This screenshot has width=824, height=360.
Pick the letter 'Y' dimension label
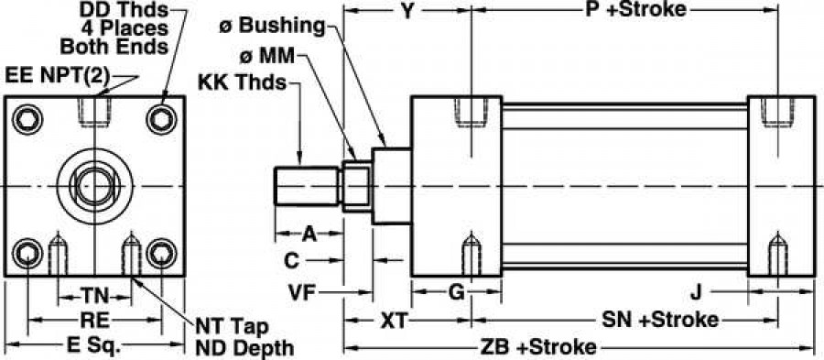click(x=409, y=11)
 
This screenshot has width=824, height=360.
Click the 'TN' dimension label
click(x=95, y=295)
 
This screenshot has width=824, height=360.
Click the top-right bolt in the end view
click(x=163, y=119)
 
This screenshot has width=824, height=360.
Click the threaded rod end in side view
click(x=308, y=185)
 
